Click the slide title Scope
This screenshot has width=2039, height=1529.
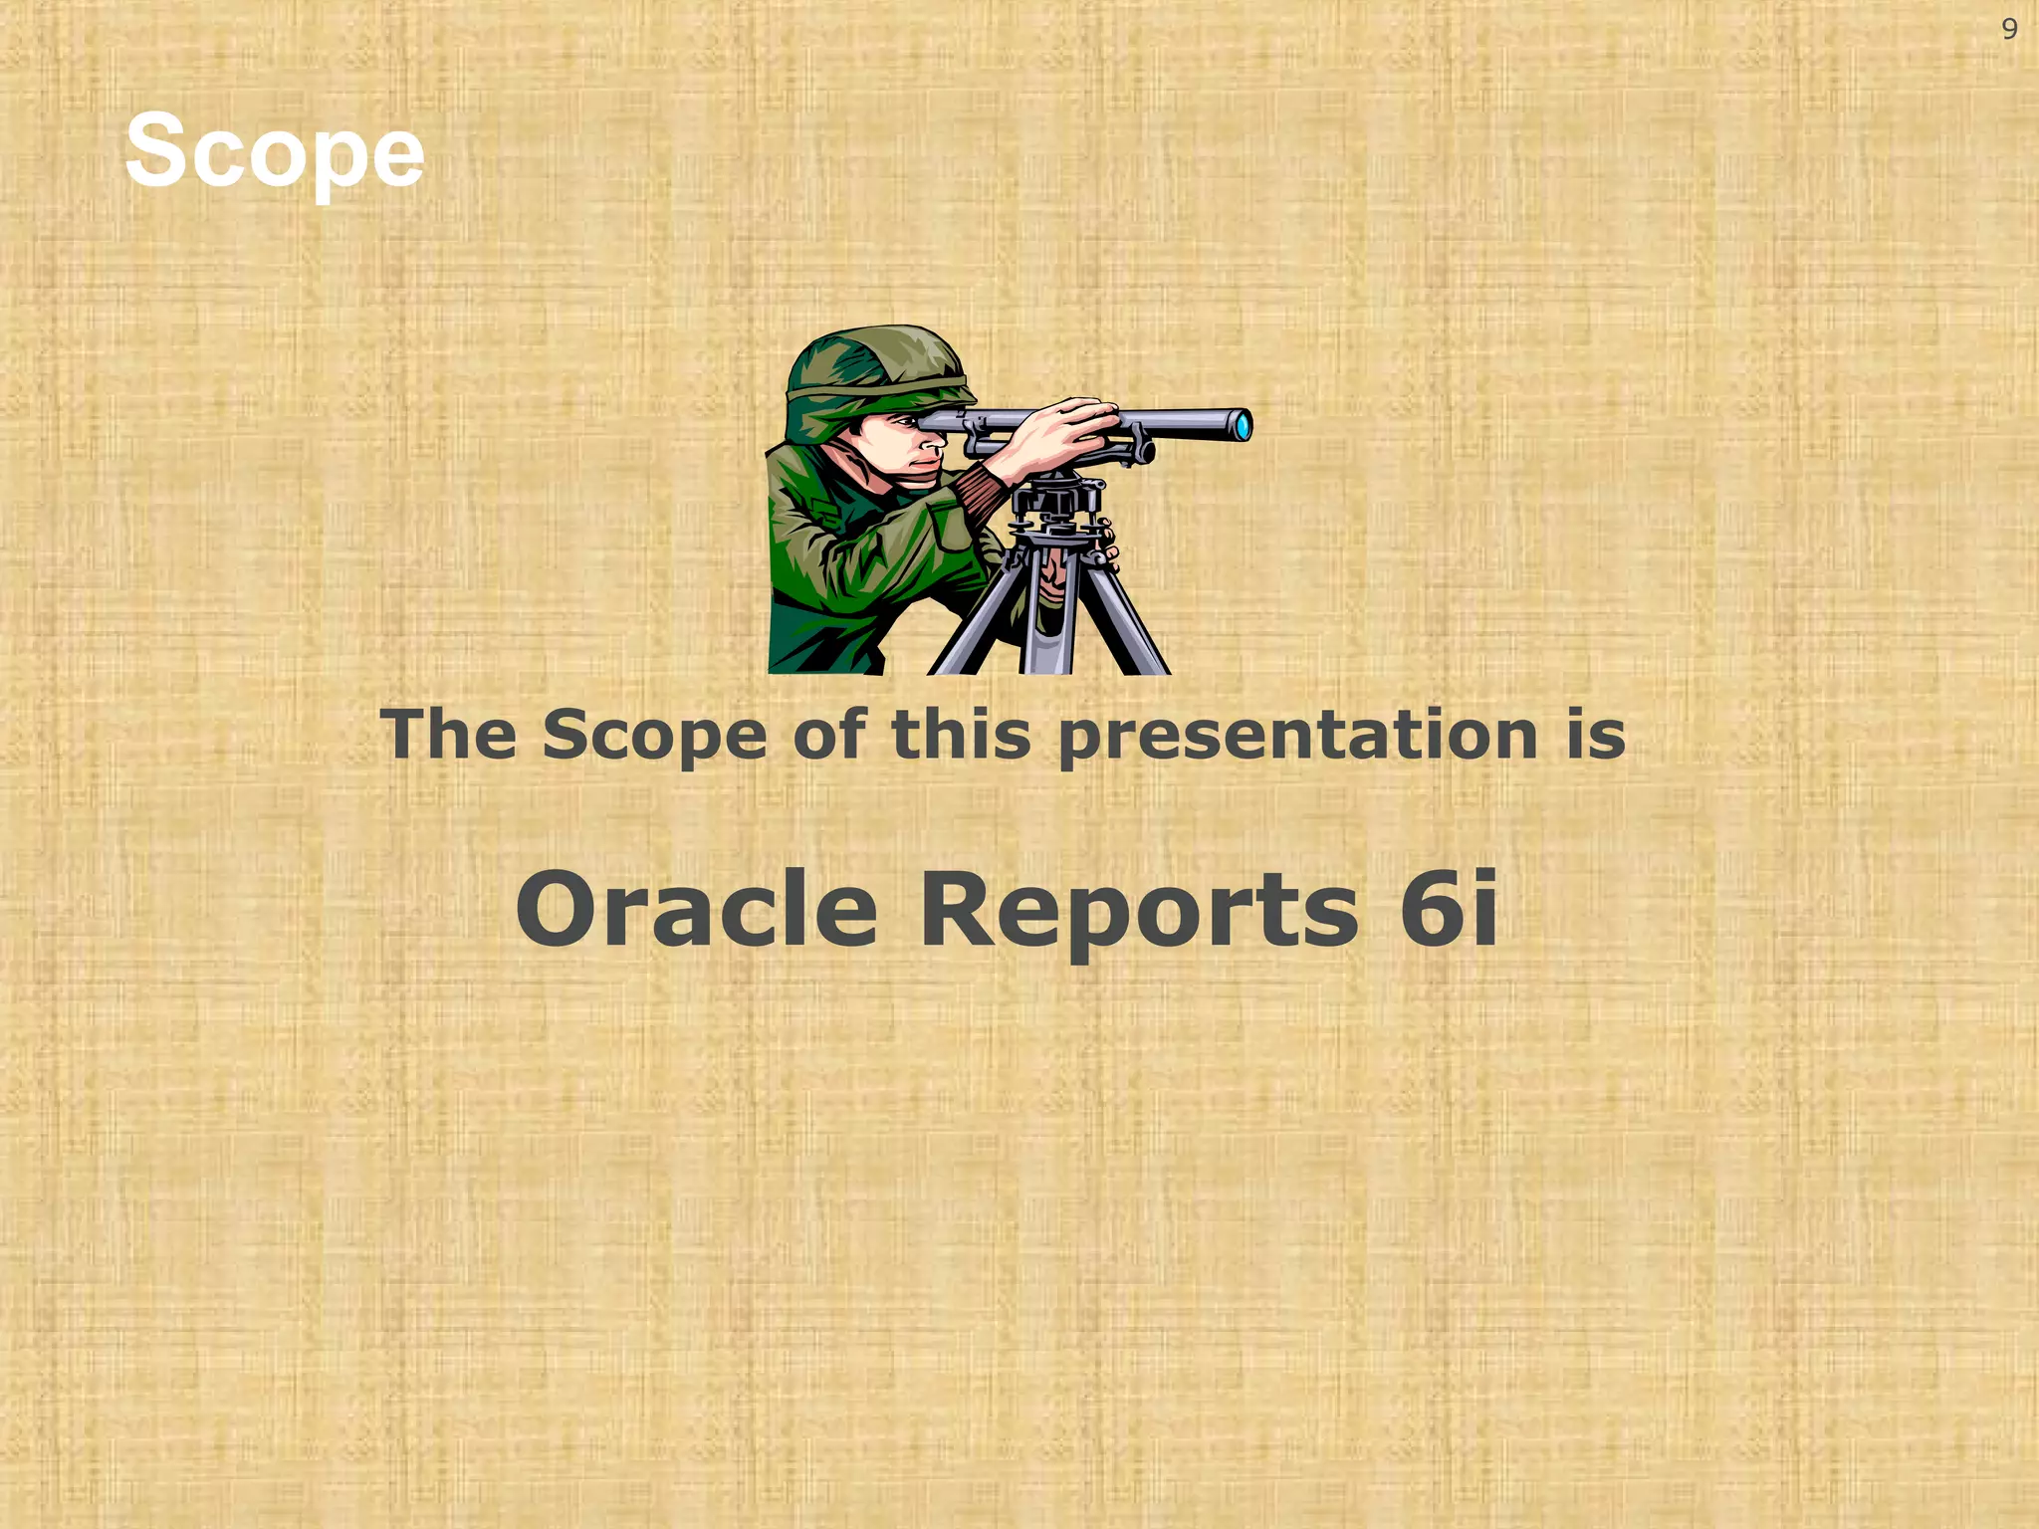[275, 152]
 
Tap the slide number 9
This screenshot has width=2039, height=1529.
[2009, 30]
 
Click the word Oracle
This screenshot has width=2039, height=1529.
[696, 909]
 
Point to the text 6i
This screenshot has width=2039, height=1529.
[1448, 909]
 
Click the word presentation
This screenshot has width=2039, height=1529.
[1297, 738]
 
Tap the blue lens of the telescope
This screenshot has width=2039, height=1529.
[1243, 425]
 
